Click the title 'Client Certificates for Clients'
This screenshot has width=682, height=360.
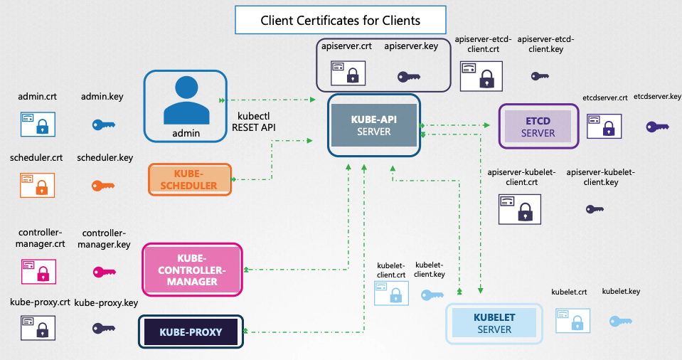click(x=340, y=21)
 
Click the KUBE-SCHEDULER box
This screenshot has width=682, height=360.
click(x=191, y=179)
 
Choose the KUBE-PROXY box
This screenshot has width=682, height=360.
click(x=190, y=332)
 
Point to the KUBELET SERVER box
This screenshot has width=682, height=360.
click(x=494, y=322)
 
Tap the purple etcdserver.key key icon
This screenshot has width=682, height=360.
click(x=657, y=127)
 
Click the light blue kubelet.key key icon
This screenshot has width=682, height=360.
click(x=620, y=321)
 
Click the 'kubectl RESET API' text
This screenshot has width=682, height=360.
click(x=254, y=121)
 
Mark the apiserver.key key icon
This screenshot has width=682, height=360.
click(x=409, y=75)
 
